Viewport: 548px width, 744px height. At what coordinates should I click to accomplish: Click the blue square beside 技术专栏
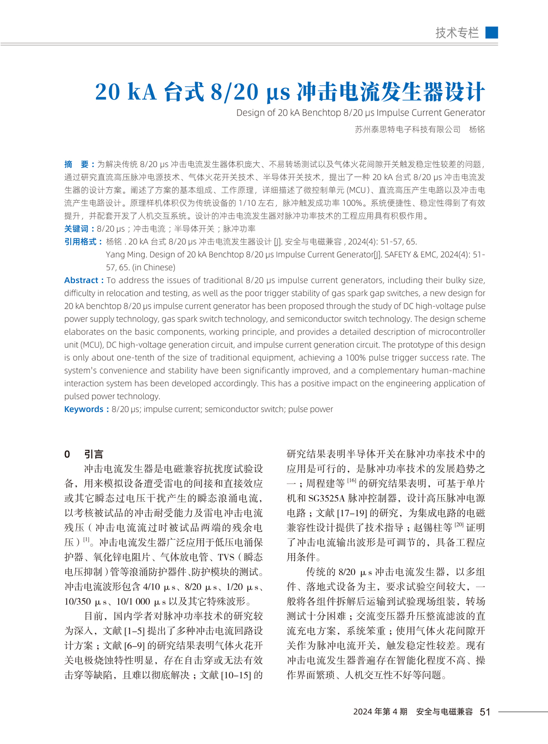pyautogui.click(x=491, y=32)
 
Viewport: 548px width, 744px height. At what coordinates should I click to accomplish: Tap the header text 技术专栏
pyautogui.click(x=457, y=32)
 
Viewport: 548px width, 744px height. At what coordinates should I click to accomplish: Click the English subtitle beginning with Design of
pyautogui.click(x=360, y=113)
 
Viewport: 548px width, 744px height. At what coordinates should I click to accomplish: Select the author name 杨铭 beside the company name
pyautogui.click(x=477, y=130)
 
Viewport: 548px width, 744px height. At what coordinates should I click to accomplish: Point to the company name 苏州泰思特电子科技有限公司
pyautogui.click(x=408, y=130)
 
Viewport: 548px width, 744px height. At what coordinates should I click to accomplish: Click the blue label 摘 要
pyautogui.click(x=79, y=164)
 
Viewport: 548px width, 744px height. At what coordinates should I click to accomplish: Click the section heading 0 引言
pyautogui.click(x=84, y=454)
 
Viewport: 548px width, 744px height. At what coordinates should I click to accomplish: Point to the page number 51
pyautogui.click(x=485, y=712)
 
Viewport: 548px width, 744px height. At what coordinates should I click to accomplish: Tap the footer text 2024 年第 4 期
pyautogui.click(x=380, y=712)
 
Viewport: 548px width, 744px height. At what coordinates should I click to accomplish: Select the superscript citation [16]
pyautogui.click(x=352, y=480)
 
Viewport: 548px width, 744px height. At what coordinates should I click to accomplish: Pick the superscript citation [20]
pyautogui.click(x=459, y=525)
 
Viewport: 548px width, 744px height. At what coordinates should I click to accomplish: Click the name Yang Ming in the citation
pyautogui.click(x=126, y=255)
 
